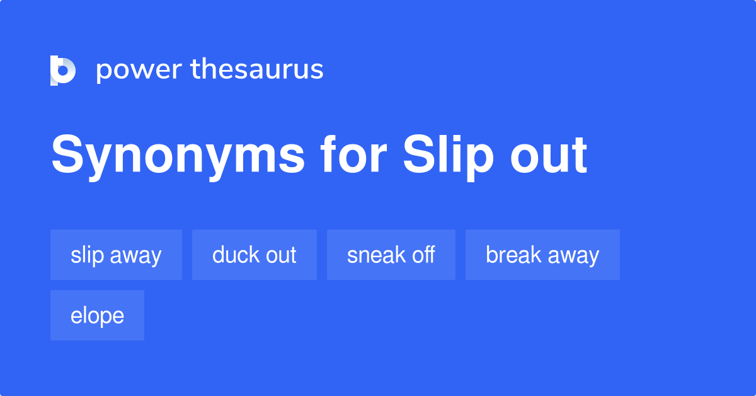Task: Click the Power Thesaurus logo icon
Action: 63,70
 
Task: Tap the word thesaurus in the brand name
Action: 257,69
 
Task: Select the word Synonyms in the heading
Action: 178,156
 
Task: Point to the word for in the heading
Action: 353,154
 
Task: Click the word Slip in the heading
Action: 448,156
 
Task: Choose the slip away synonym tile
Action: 116,255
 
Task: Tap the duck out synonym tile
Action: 255,255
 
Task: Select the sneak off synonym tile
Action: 391,255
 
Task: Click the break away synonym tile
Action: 542,255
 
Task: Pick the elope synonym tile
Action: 97,315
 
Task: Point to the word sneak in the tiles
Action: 376,254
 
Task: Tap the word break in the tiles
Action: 513,254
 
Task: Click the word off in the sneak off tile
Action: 423,254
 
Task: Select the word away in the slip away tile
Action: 135,256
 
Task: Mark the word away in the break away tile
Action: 573,256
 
